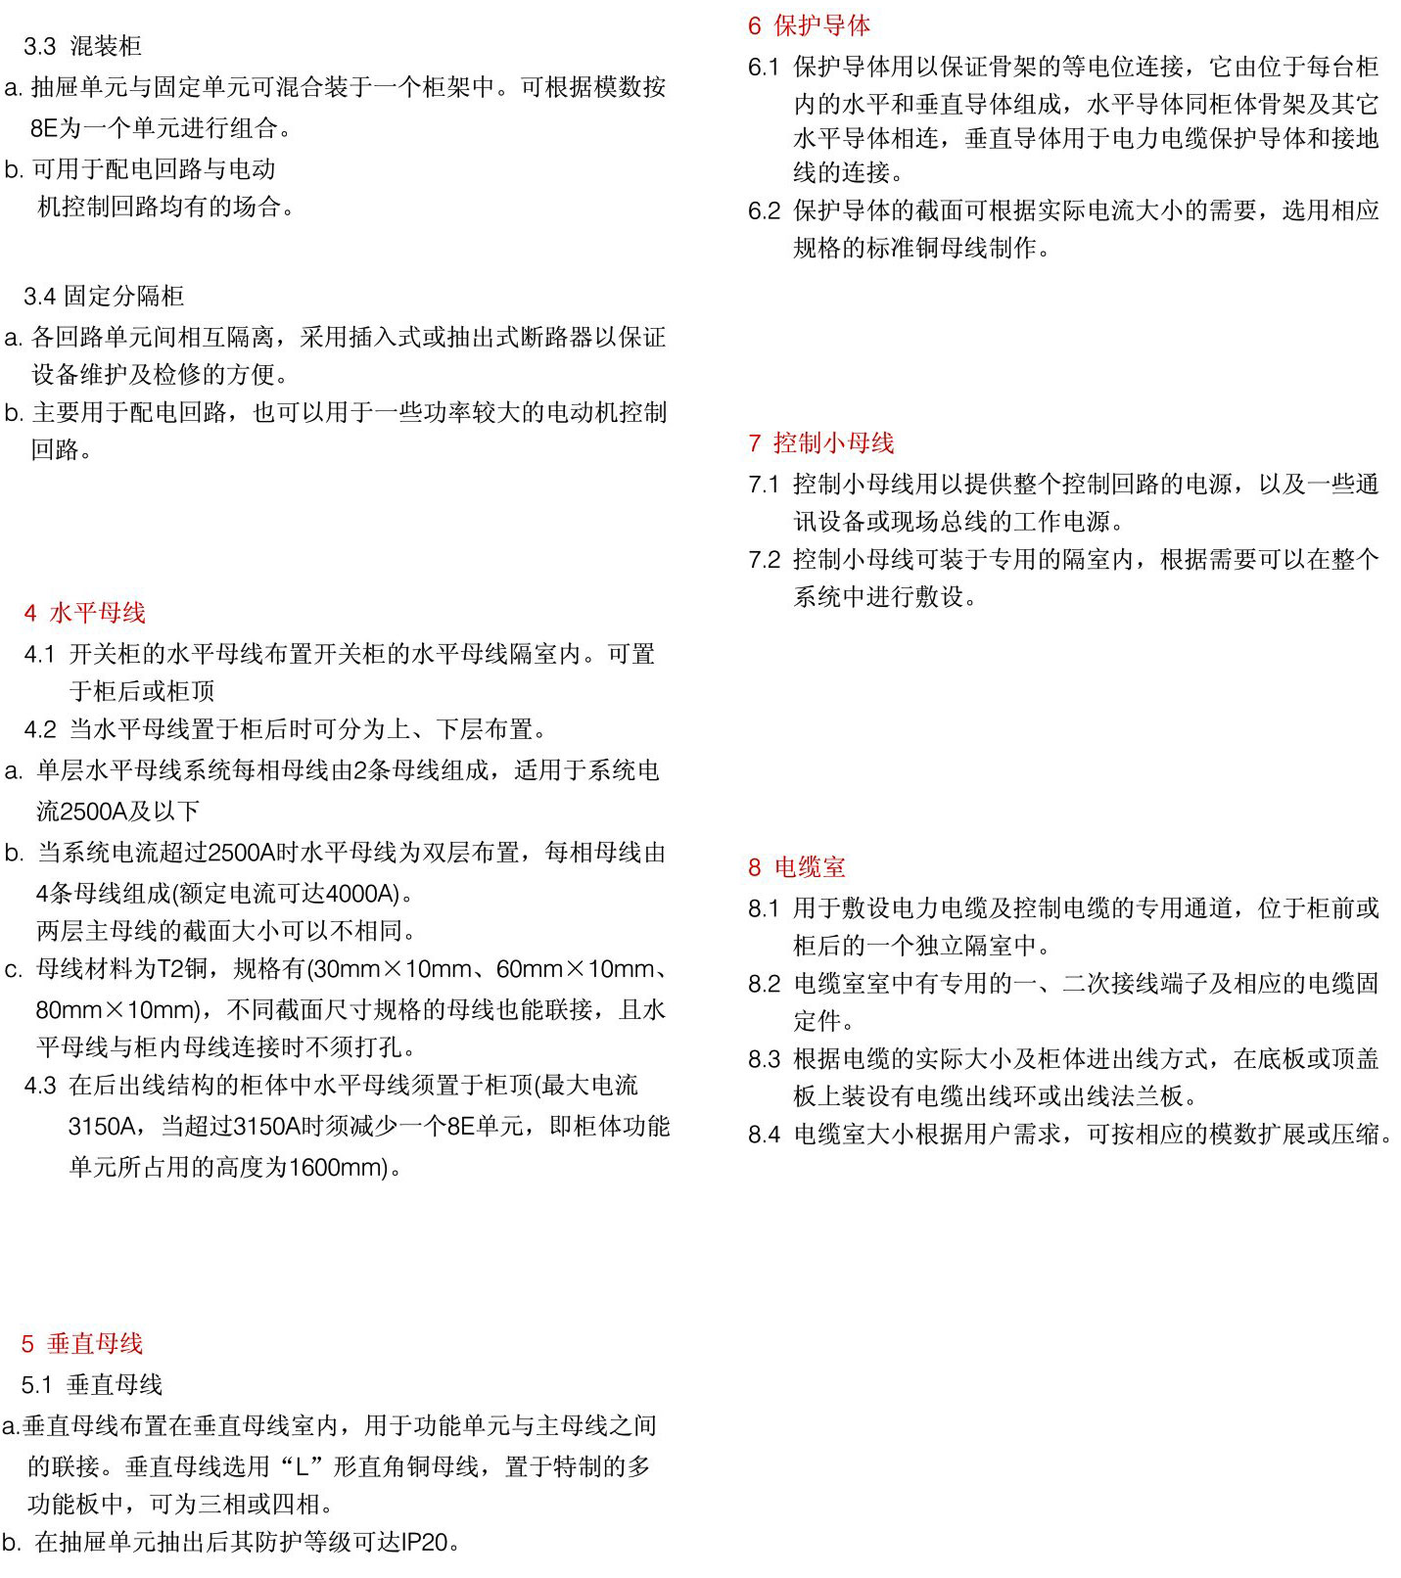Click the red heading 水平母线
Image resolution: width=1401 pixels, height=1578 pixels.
[x=97, y=613]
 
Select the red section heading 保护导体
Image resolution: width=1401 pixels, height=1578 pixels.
[x=821, y=25]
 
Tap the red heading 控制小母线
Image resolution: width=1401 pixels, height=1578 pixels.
[x=833, y=443]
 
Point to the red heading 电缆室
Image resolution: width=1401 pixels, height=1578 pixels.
[x=809, y=867]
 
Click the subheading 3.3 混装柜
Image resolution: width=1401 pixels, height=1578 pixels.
[x=82, y=46]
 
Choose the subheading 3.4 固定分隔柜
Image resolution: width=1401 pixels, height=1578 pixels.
[x=104, y=297]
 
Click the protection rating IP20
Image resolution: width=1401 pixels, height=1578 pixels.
[x=424, y=1543]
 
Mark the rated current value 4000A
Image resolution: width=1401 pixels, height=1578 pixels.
[x=362, y=894]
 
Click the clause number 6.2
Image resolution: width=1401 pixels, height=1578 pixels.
[x=764, y=210]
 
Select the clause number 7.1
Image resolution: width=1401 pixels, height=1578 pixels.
[x=764, y=484]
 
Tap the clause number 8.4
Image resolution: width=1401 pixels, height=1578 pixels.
[x=764, y=1135]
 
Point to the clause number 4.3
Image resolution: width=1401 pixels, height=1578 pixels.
[x=40, y=1086]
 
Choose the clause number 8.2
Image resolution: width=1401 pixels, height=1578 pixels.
[x=764, y=984]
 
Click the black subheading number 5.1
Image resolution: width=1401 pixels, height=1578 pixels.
[x=37, y=1385]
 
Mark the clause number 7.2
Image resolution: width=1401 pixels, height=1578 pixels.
[x=764, y=560]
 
